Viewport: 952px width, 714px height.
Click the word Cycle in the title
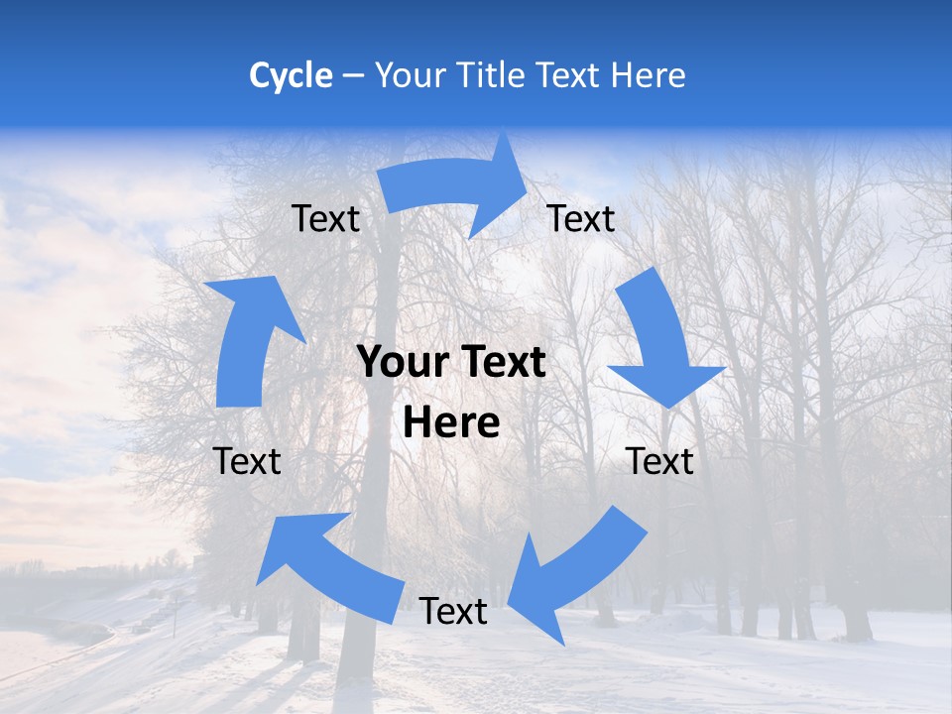291,75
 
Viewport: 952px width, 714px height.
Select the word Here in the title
648,75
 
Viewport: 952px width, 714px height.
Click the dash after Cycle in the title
353,76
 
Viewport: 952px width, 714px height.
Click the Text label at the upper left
325,218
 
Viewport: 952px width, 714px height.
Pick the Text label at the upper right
581,218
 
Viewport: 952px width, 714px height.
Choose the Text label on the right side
659,461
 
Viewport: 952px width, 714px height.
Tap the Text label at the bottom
453,612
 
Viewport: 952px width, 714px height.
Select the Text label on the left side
247,461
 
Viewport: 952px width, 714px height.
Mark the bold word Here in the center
451,422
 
